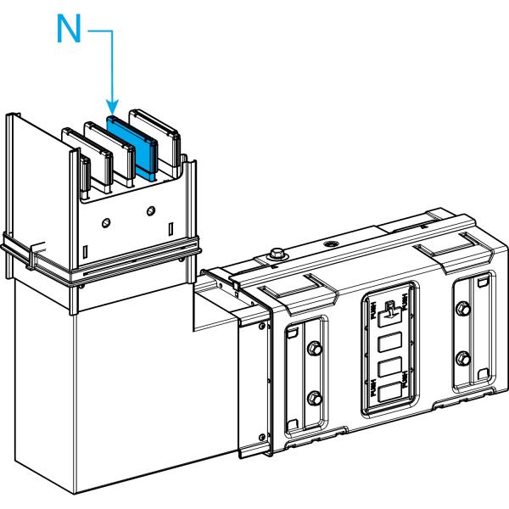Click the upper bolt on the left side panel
(314, 349)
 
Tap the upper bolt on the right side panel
(463, 306)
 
